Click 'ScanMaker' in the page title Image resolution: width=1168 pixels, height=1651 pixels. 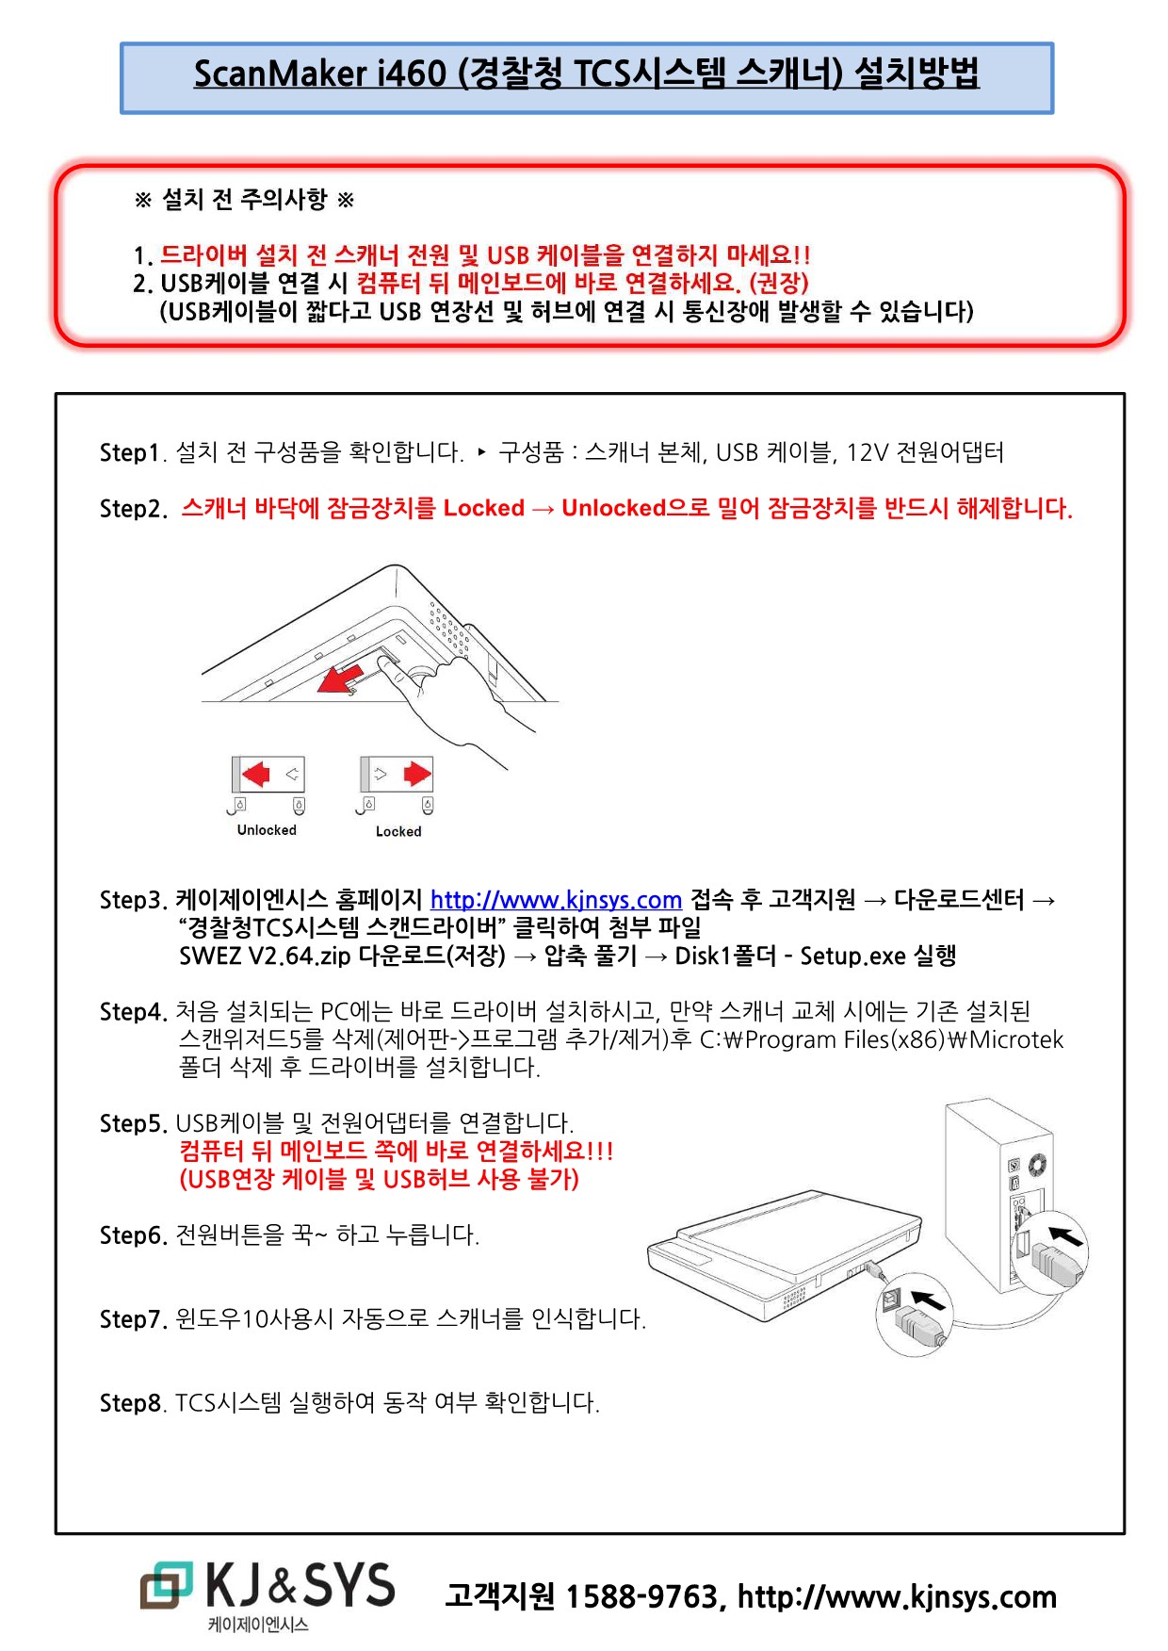280,74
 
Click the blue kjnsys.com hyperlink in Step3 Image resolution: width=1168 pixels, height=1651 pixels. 556,900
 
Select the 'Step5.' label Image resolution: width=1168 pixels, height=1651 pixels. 133,1124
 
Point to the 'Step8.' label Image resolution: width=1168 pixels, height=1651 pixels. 133,1403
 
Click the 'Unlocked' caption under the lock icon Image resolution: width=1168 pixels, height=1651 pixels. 267,830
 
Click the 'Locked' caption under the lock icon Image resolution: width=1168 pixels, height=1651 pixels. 398,831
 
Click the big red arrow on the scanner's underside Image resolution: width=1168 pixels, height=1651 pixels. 340,678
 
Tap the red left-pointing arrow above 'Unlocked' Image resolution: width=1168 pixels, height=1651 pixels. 255,775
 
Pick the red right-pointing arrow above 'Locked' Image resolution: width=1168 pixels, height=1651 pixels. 416,775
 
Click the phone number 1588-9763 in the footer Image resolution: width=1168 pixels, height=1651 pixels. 641,1596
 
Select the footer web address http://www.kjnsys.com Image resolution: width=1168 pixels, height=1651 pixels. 897,1596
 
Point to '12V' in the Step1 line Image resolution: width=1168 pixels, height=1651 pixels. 867,453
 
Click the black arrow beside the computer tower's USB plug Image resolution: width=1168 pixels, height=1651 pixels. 1066,1234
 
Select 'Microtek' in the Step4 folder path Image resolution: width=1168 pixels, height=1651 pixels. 1016,1040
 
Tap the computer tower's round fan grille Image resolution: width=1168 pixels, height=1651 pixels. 1037,1164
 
